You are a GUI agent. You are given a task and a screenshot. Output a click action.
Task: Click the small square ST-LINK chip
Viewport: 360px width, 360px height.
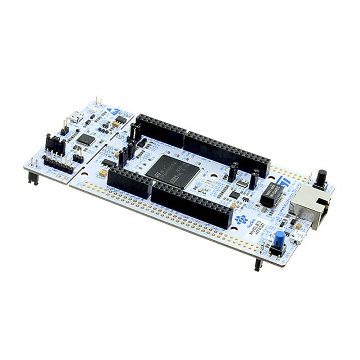point(85,139)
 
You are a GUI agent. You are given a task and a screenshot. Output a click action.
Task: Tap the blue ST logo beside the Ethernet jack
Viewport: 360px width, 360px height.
point(282,182)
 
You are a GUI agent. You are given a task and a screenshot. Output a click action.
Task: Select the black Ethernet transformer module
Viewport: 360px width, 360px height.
point(272,194)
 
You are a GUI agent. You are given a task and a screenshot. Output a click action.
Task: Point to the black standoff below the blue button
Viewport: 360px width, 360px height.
point(258,263)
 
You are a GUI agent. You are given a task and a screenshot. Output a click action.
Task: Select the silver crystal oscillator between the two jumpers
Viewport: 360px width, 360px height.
point(242,182)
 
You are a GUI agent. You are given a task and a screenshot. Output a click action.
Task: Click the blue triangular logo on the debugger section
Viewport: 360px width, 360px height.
point(112,111)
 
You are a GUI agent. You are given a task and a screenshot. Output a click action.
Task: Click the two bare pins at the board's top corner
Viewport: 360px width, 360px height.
point(98,101)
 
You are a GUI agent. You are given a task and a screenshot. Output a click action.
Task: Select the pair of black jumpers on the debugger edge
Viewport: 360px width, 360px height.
point(55,145)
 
